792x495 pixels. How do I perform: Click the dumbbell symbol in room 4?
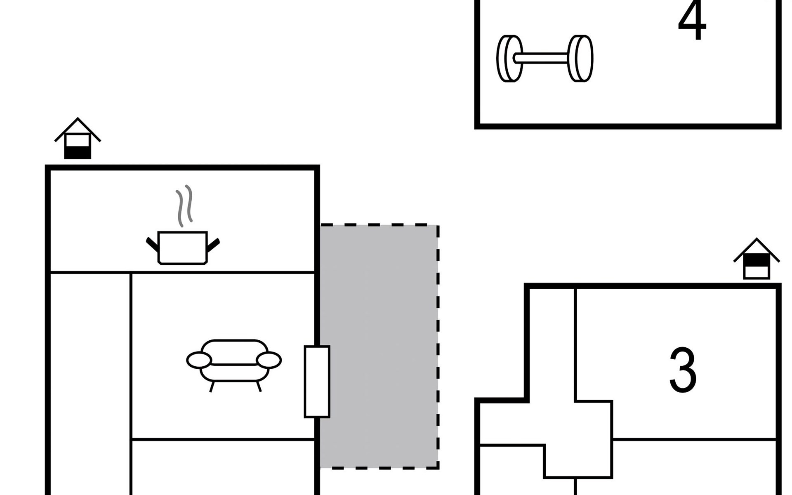pyautogui.click(x=544, y=59)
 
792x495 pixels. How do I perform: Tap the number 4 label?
pyautogui.click(x=692, y=21)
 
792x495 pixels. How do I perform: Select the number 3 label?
pyautogui.click(x=683, y=370)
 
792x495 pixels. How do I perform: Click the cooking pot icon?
pyautogui.click(x=183, y=247)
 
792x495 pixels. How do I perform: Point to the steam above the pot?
pyautogui.click(x=184, y=205)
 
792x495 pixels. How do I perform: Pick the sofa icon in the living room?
pyautogui.click(x=234, y=365)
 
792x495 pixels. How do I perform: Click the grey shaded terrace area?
pyautogui.click(x=379, y=346)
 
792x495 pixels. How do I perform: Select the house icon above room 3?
pyautogui.click(x=757, y=259)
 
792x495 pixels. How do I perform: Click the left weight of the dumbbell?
pyautogui.click(x=509, y=59)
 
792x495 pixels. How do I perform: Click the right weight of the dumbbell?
pyautogui.click(x=580, y=59)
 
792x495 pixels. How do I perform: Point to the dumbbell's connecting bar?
pyautogui.click(x=544, y=58)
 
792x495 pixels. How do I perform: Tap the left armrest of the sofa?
pyautogui.click(x=199, y=361)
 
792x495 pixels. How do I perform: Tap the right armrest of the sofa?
pyautogui.click(x=269, y=361)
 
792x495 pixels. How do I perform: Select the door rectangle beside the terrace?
pyautogui.click(x=317, y=382)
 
